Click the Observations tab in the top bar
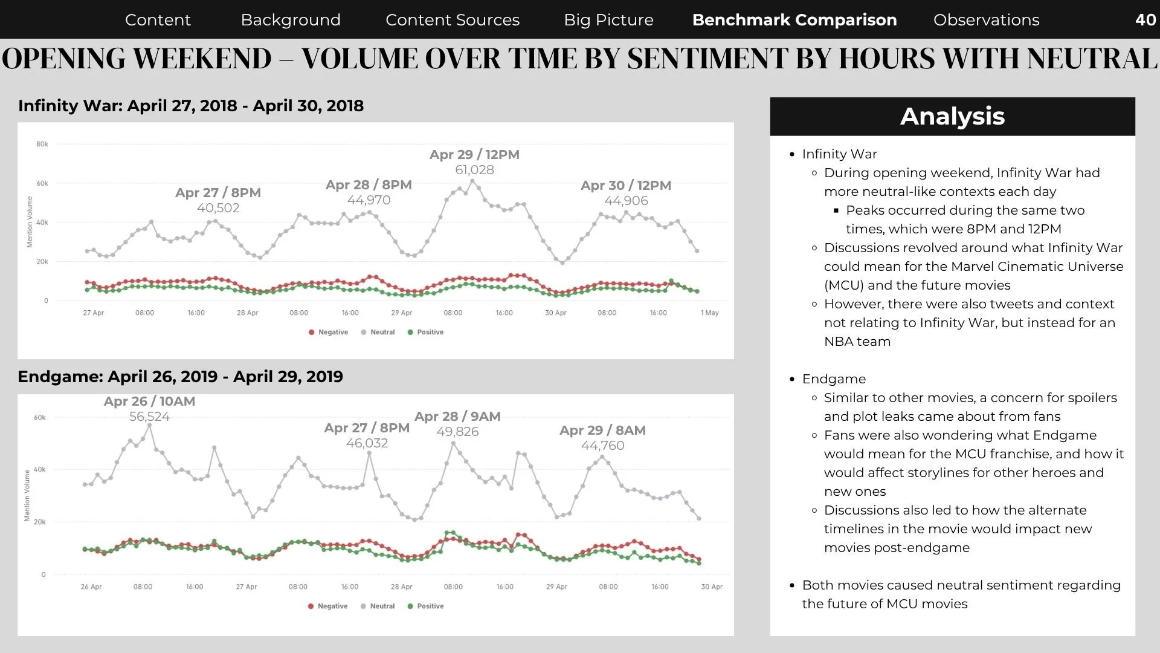click(x=986, y=20)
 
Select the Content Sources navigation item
click(x=453, y=20)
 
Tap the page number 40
click(x=1145, y=19)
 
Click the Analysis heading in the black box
click(x=952, y=116)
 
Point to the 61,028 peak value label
click(x=474, y=170)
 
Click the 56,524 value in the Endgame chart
click(x=149, y=417)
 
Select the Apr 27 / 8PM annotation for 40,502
click(x=218, y=192)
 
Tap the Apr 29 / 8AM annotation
click(x=602, y=430)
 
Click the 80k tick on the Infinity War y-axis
click(x=42, y=144)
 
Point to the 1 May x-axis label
click(x=709, y=313)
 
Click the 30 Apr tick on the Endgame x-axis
click(x=712, y=586)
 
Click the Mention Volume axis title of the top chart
click(x=30, y=222)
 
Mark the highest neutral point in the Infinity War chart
click(x=472, y=181)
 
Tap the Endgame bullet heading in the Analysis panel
click(x=834, y=379)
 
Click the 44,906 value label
click(x=626, y=201)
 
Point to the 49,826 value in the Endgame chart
click(x=457, y=432)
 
